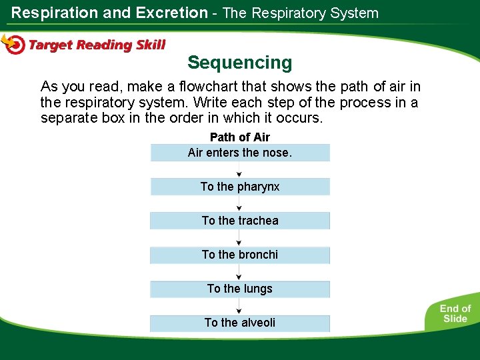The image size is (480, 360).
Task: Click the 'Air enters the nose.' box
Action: [240, 153]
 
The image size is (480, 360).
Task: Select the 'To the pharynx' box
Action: [240, 187]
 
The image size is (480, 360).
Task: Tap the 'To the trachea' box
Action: [240, 221]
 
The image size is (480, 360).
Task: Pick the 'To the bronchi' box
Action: [240, 255]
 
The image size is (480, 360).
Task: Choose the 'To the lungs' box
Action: [240, 289]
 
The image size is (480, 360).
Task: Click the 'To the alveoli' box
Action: [240, 323]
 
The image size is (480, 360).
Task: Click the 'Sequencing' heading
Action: [240, 63]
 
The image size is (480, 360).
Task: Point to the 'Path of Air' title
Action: [240, 137]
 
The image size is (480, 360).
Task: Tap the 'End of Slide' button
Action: [455, 313]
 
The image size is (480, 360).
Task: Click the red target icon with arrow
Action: [13, 44]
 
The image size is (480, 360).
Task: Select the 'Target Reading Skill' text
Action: [97, 45]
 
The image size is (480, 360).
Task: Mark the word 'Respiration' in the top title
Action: [53, 13]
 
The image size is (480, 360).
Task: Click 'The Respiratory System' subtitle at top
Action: [300, 13]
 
